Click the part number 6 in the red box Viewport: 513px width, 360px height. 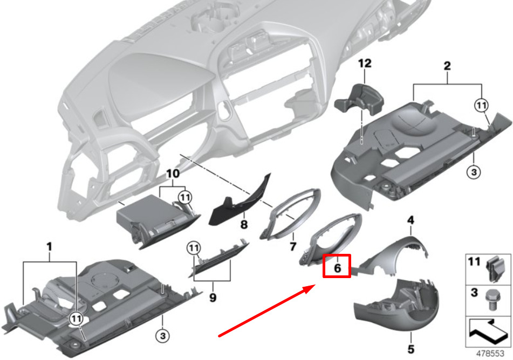click(337, 266)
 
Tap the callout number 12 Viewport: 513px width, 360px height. click(365, 64)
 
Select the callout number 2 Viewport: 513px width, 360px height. click(447, 66)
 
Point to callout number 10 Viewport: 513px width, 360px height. click(172, 174)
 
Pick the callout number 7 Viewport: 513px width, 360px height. click(293, 246)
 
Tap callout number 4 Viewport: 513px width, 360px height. click(411, 220)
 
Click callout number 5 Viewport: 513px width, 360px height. click(411, 349)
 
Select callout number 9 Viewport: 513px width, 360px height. click(213, 297)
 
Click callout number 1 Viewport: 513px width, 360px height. click(49, 247)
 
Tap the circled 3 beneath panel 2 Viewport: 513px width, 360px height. click(472, 172)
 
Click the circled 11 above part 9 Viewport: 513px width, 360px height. click(193, 248)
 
